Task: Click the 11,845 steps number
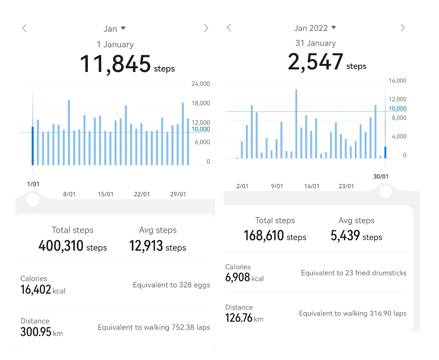click(x=115, y=64)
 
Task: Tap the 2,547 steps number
click(x=315, y=62)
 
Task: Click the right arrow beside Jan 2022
click(x=402, y=28)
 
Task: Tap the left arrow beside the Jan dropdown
click(x=24, y=28)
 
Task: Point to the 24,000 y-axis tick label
click(x=200, y=84)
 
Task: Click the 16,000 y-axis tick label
click(x=397, y=81)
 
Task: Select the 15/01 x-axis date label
click(x=106, y=194)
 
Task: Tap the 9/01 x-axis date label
click(x=277, y=186)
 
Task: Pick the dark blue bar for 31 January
click(x=385, y=153)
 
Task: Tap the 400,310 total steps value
click(x=61, y=246)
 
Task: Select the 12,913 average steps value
click(x=146, y=246)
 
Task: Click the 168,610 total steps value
click(x=264, y=236)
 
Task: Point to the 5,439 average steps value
click(x=345, y=236)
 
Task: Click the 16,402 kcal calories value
click(x=36, y=290)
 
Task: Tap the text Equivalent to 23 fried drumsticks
click(x=354, y=273)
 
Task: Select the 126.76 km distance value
click(x=239, y=318)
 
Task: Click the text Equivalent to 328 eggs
click(x=171, y=285)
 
